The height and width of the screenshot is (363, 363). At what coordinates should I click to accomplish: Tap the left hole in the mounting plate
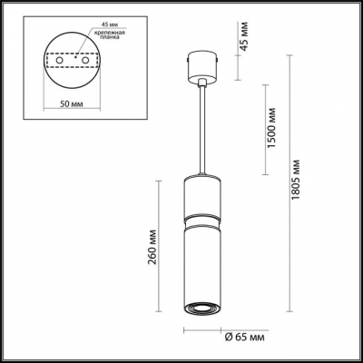60,69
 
